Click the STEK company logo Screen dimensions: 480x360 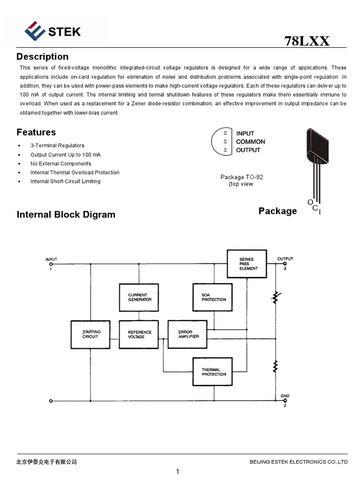pyautogui.click(x=52, y=31)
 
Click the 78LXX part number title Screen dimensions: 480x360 pyautogui.click(x=307, y=41)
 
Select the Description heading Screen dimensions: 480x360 pyautogui.click(x=42, y=57)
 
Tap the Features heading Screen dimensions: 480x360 pyautogui.click(x=36, y=132)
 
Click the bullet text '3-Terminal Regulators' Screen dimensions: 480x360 pyautogui.click(x=57, y=146)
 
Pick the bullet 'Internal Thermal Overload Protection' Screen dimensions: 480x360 pyautogui.click(x=75, y=172)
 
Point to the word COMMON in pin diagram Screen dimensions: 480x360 pyautogui.click(x=250, y=142)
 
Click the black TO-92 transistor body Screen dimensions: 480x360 pyautogui.click(x=316, y=143)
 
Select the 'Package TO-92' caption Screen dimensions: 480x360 pyautogui.click(x=242, y=177)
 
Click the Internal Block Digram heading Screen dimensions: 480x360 pyautogui.click(x=66, y=215)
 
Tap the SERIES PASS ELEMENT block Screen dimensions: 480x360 pyautogui.click(x=246, y=264)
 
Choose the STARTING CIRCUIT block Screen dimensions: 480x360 pyautogui.click(x=90, y=334)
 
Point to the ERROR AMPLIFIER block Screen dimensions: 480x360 pyautogui.click(x=188, y=334)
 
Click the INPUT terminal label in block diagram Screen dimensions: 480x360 pyautogui.click(x=51, y=259)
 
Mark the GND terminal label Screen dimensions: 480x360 pyautogui.click(x=285, y=396)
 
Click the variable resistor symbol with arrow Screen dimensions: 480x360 pyautogui.click(x=276, y=297)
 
